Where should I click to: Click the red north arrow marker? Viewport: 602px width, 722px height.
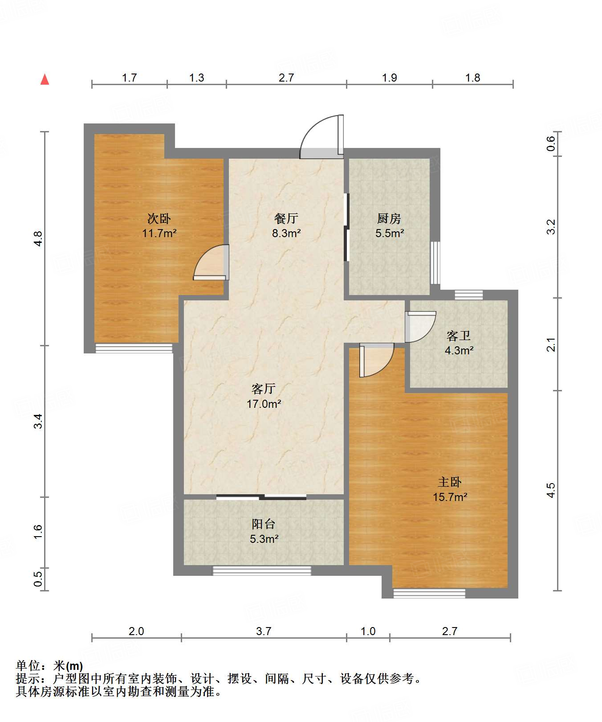(45, 79)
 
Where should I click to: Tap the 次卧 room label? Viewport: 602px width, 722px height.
(159, 218)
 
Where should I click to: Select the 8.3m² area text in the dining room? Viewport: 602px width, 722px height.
(286, 233)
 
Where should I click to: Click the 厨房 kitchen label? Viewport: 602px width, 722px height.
(389, 218)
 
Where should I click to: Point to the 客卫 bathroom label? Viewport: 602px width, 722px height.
(459, 336)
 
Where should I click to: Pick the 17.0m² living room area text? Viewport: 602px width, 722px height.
(264, 404)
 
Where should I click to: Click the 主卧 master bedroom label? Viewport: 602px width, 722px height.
(450, 482)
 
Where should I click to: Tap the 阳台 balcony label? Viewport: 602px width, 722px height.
(264, 524)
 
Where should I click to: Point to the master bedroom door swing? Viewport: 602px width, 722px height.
(376, 360)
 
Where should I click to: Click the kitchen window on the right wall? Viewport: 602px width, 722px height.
(435, 263)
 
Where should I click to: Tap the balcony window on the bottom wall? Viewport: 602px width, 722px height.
(262, 570)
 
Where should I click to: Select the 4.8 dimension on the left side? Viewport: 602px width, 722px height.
(39, 238)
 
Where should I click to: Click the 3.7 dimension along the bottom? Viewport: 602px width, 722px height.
(264, 631)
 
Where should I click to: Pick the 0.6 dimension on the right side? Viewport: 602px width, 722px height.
(551, 143)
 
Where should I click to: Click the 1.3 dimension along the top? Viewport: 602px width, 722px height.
(196, 78)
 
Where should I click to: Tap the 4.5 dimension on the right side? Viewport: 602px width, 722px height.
(551, 490)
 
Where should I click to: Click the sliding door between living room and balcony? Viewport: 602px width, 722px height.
(261, 497)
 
